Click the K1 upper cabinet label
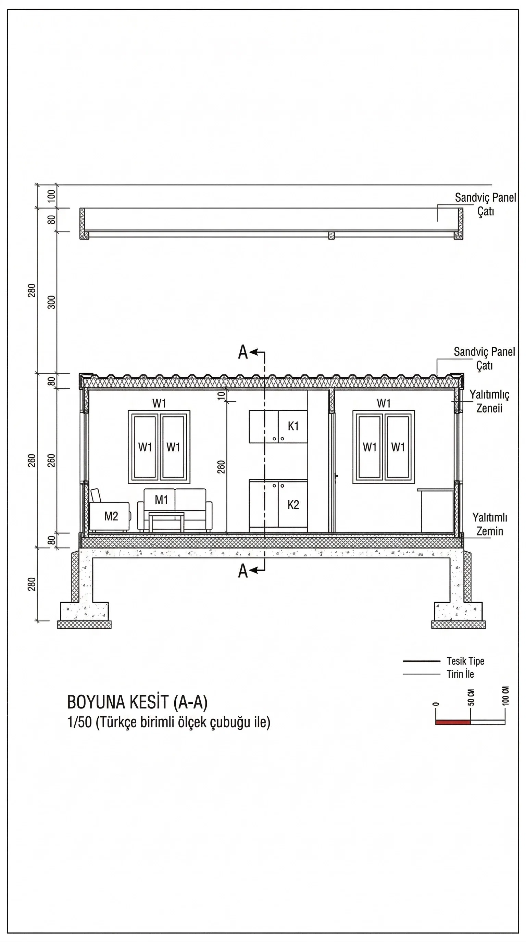point(293,426)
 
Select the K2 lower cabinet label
point(293,505)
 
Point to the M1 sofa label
point(161,500)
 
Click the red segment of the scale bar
point(452,722)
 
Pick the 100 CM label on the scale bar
point(505,695)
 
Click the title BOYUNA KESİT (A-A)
point(137,702)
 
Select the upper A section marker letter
point(243,352)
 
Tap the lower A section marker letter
point(243,571)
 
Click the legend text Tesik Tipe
point(465,661)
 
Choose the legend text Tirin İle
point(460,674)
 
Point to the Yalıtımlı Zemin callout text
point(489,524)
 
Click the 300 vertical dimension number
point(52,302)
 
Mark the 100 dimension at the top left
point(52,196)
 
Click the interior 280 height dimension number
point(221,467)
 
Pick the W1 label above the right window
point(384,403)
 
